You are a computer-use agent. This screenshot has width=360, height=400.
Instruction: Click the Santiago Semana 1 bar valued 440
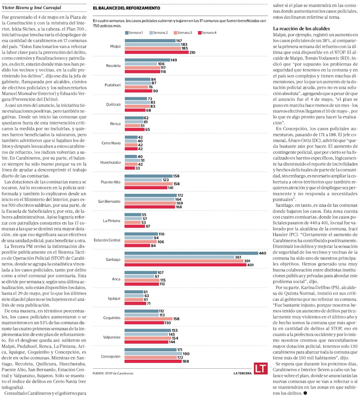tap(191, 253)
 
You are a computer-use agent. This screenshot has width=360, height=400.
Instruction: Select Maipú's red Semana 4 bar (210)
tap(157, 52)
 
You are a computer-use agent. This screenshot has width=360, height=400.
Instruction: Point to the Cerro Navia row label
tap(111, 143)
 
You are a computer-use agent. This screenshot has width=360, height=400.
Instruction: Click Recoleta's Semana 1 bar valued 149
tap(147, 60)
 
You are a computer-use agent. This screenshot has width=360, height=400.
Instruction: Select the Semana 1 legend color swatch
tap(127, 33)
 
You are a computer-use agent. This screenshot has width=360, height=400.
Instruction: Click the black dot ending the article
tap(305, 393)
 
